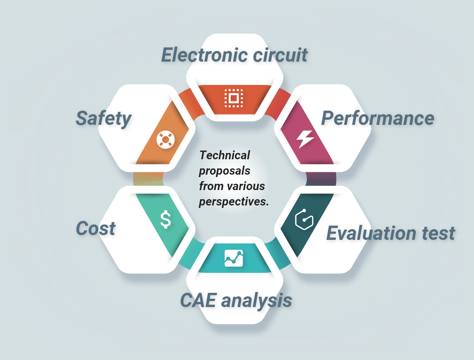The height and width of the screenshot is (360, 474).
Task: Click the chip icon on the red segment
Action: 234,98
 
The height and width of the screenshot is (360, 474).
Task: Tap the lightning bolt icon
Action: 305,139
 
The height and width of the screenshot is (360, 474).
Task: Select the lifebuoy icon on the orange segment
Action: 165,139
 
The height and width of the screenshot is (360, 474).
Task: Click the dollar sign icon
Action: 166,220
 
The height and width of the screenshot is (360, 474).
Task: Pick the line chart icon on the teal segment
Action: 234,258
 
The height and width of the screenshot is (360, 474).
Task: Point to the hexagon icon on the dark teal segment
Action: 304,219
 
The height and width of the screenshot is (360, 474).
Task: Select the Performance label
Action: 378,118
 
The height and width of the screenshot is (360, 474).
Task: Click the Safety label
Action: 103,118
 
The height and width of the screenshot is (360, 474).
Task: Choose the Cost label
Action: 96,228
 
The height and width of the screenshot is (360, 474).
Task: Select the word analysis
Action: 256,301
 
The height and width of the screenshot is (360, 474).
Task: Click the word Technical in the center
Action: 225,155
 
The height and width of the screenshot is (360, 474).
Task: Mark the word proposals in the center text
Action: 224,171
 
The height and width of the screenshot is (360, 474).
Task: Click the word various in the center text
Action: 248,186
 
